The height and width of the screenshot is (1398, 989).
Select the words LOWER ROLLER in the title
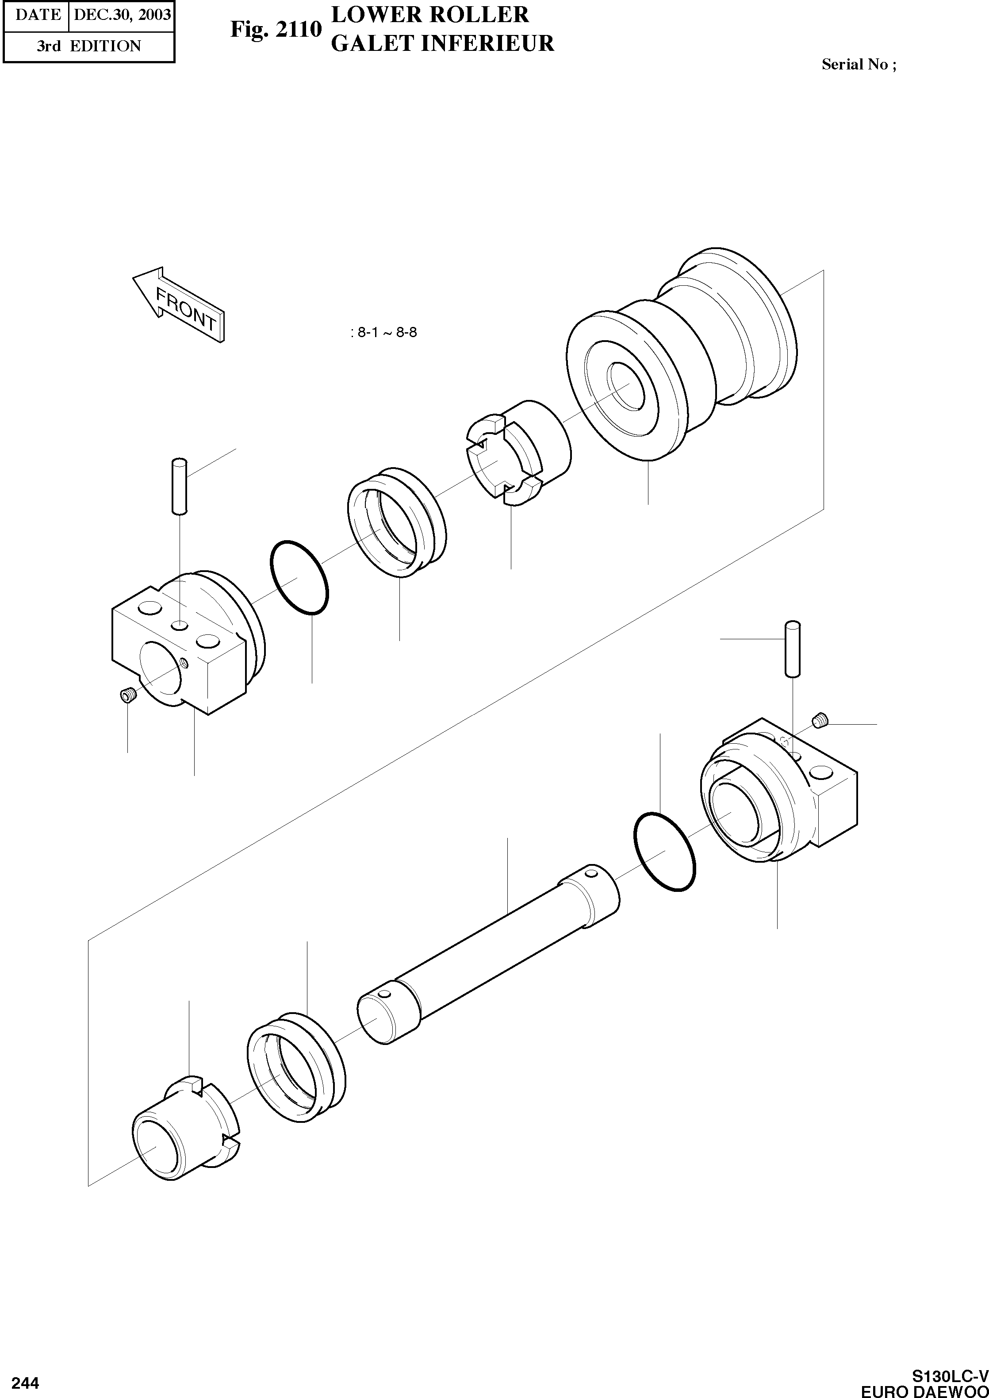pyautogui.click(x=429, y=15)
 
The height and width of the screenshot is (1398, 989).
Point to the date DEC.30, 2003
pyautogui.click(x=122, y=14)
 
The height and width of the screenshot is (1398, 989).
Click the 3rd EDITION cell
pyautogui.click(x=88, y=46)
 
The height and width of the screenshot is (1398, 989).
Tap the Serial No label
pyautogui.click(x=858, y=65)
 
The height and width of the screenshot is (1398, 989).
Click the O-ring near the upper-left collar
pyautogui.click(x=299, y=577)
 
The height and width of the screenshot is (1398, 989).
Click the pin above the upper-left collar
pyautogui.click(x=178, y=487)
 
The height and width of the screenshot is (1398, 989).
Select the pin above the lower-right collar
pyautogui.click(x=792, y=649)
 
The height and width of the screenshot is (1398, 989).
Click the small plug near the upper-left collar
pyautogui.click(x=127, y=695)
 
